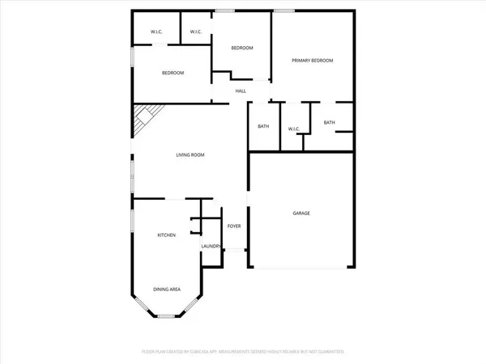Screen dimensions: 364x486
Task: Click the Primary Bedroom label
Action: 312,61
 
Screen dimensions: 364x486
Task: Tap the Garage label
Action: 301,214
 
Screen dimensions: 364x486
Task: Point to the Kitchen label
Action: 167,235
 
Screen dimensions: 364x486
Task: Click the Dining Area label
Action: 167,289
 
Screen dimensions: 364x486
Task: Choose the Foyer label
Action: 234,226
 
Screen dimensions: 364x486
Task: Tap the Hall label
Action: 241,91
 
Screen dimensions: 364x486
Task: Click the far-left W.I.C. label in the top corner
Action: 157,32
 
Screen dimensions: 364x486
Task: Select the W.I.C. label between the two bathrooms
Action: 294,129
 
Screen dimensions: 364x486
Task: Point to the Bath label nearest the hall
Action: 263,126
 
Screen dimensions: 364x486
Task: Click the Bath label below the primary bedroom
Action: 329,122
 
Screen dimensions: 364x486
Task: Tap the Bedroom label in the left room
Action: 173,74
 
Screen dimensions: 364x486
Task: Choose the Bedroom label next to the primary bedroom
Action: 242,49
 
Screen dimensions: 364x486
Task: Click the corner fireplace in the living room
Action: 144,119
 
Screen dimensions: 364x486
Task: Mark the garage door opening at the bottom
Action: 301,268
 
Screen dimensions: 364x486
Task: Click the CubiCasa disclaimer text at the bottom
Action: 243,352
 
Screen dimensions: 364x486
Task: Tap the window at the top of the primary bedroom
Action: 284,11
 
